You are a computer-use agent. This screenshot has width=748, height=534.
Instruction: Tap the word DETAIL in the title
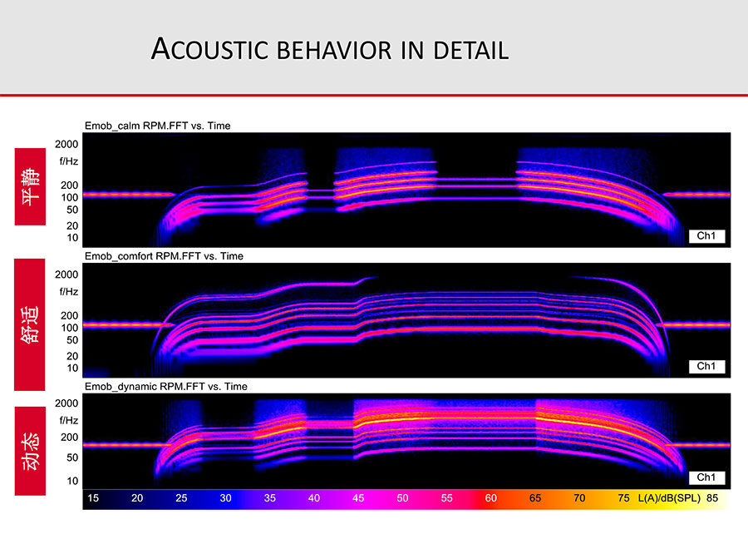471,50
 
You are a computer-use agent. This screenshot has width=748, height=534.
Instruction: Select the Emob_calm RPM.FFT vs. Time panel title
157,126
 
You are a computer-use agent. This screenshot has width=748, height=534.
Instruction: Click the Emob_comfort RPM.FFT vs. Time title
164,256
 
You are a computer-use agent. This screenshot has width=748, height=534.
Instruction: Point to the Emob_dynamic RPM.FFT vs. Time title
166,386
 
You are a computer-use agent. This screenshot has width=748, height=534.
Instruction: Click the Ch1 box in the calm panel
706,235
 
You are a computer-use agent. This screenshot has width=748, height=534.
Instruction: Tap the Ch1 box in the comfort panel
706,366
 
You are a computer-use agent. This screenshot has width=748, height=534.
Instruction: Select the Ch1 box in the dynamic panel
706,477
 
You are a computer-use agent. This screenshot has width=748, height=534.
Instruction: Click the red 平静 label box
30,186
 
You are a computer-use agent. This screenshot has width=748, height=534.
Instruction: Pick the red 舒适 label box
30,324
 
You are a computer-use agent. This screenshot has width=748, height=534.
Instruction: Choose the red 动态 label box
30,451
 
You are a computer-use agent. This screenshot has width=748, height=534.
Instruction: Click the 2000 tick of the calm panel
66,144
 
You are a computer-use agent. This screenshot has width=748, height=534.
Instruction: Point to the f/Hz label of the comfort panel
69,292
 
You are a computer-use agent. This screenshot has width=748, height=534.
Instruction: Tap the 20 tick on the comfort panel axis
72,356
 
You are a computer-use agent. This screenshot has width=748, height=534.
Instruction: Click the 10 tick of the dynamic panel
72,481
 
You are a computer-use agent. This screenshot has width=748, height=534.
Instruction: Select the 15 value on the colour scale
93,498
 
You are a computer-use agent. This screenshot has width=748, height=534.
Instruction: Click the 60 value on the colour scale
491,498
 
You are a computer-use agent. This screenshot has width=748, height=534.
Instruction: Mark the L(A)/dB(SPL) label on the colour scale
669,498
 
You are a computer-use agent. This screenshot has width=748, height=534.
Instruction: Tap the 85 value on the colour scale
712,498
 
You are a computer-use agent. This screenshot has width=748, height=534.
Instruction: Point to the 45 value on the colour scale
358,498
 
